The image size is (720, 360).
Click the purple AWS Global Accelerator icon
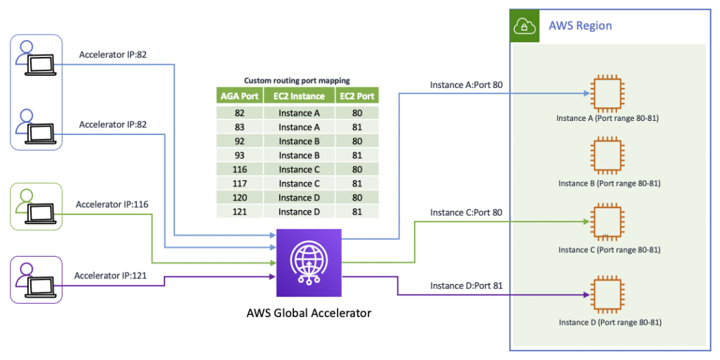pyautogui.click(x=309, y=263)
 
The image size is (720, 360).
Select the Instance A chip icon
pyautogui.click(x=608, y=94)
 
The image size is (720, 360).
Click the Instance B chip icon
pyautogui.click(x=608, y=156)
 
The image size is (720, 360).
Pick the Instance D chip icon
pyautogui.click(x=608, y=295)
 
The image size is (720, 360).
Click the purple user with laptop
pyautogui.click(x=37, y=278)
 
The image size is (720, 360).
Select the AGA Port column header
pyautogui.click(x=240, y=96)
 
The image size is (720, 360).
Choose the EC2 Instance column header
pyautogui.click(x=299, y=96)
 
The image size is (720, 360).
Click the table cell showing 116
pyautogui.click(x=240, y=169)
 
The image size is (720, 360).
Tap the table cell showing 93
pyautogui.click(x=240, y=155)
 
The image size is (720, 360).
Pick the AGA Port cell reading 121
pyautogui.click(x=240, y=212)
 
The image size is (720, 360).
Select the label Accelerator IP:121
pyautogui.click(x=110, y=276)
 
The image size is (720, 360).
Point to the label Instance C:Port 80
pyautogui.click(x=466, y=212)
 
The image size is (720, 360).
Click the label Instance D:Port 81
pyautogui.click(x=466, y=285)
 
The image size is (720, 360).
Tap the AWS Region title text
pyautogui.click(x=580, y=26)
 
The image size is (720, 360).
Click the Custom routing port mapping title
pyautogui.click(x=297, y=81)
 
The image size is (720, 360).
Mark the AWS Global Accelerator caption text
pyautogui.click(x=309, y=314)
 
